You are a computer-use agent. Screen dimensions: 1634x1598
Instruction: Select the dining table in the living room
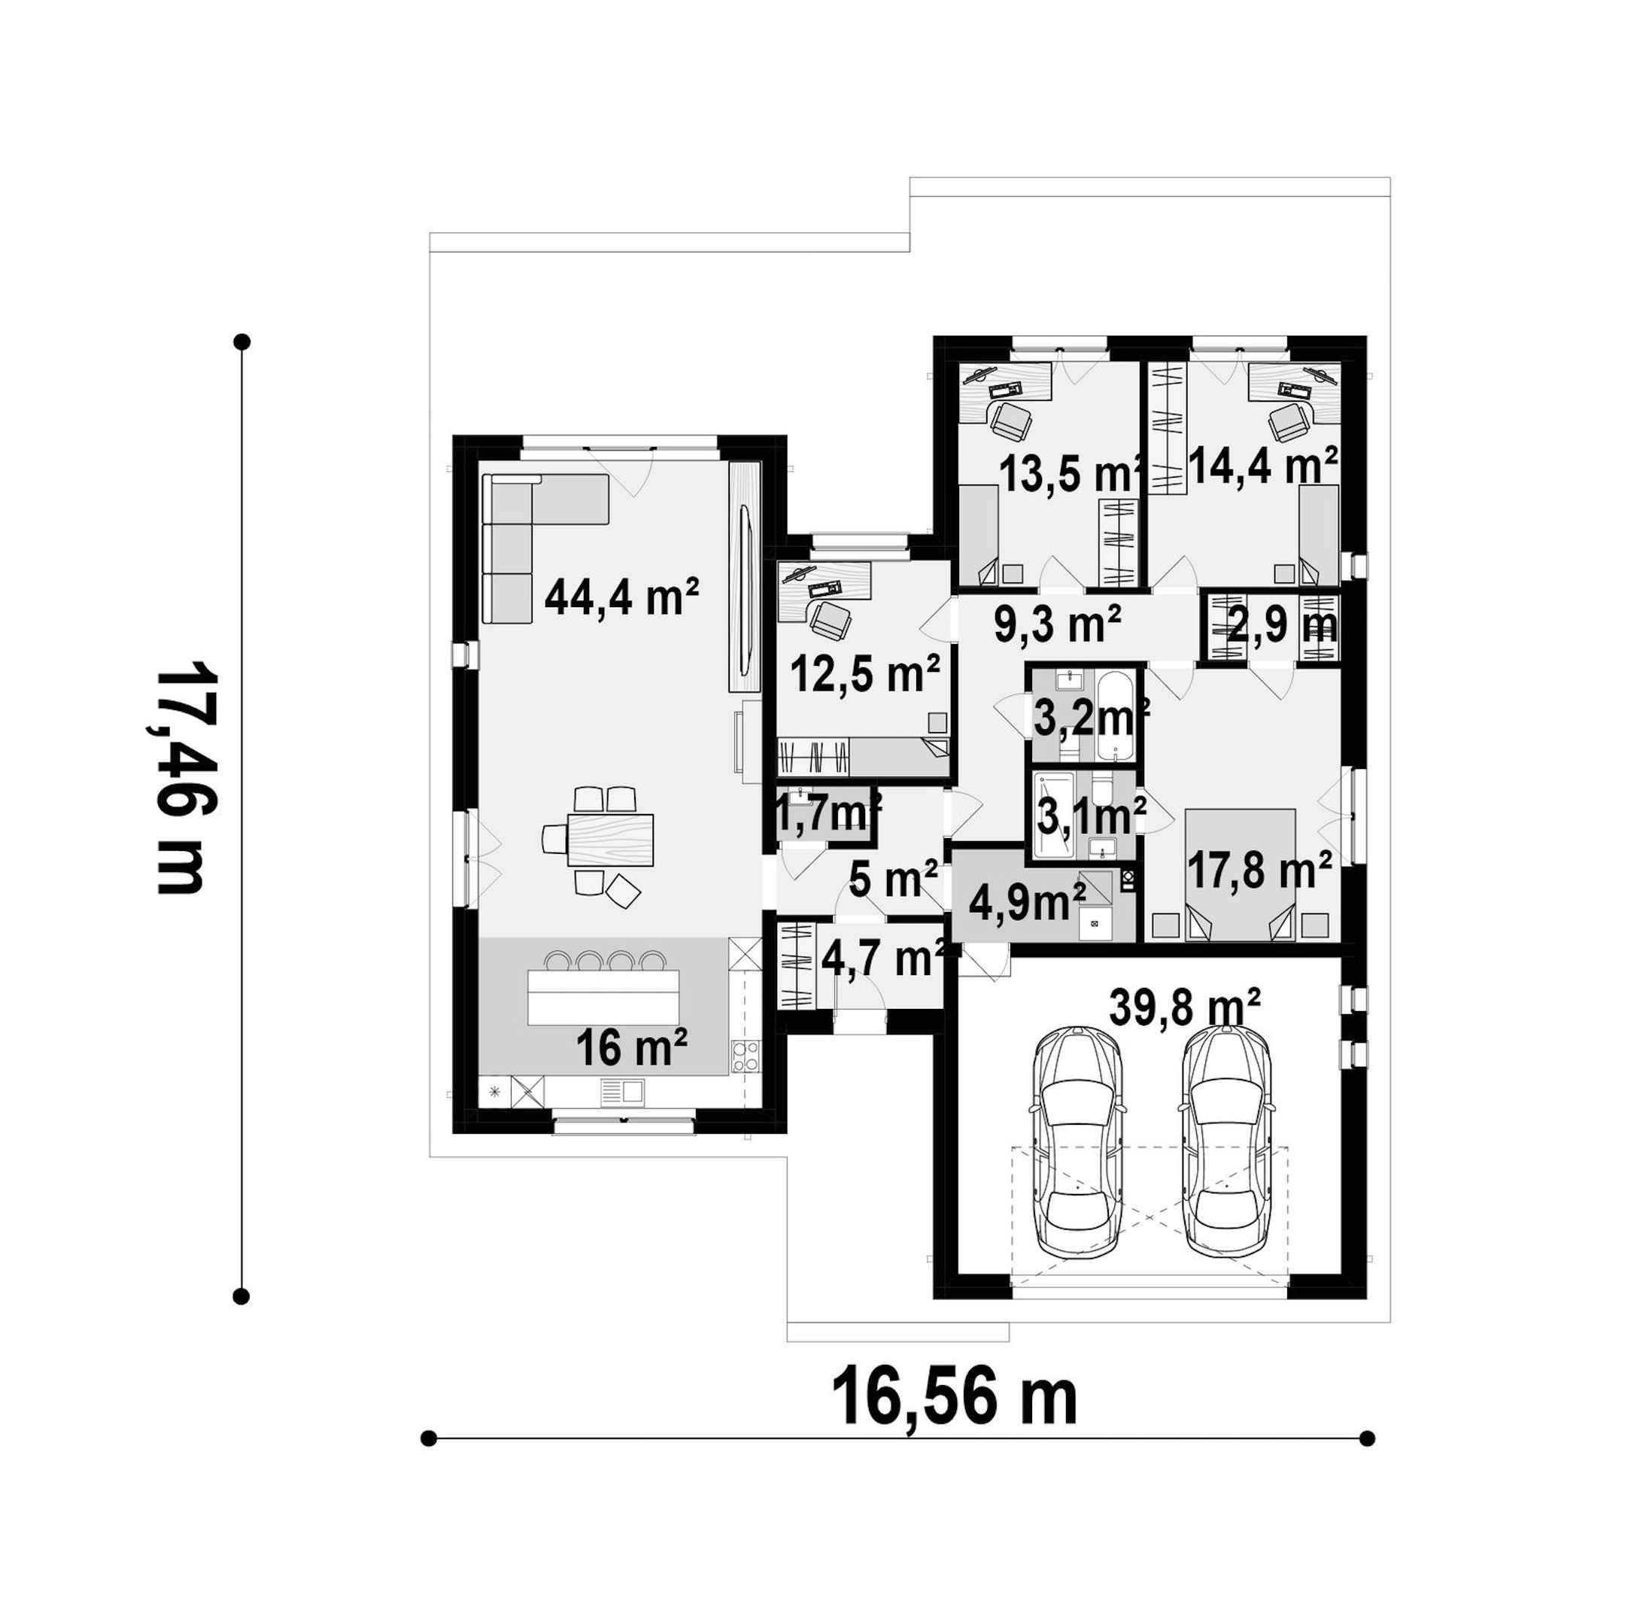coord(610,838)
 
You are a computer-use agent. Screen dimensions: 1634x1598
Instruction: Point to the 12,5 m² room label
coord(865,675)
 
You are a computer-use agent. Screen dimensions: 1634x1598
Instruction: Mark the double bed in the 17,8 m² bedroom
coord(1241,873)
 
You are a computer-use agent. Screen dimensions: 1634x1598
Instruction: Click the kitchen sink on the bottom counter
coord(622,1091)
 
